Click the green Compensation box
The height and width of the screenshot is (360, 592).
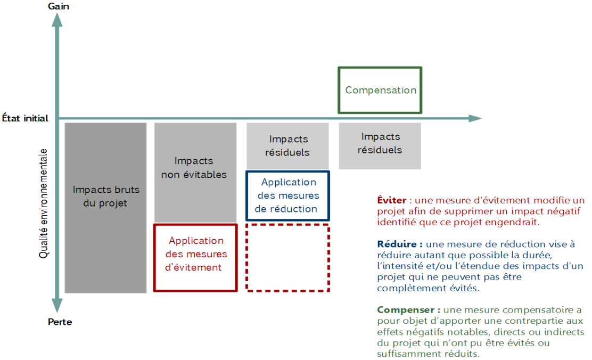(380, 90)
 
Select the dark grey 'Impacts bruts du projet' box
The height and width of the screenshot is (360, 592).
(105, 208)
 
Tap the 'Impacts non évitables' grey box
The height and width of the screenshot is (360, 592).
(195, 173)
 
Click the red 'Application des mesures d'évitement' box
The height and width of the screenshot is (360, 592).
(195, 258)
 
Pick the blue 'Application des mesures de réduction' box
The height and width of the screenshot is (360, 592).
(287, 195)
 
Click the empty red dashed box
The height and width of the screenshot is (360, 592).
(287, 258)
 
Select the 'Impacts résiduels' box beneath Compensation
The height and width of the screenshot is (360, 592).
(380, 145)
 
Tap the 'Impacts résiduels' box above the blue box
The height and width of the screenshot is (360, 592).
(287, 145)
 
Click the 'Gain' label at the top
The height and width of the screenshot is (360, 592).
(58, 6)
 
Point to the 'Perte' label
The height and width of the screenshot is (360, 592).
(60, 322)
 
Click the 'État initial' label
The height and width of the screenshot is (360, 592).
(25, 118)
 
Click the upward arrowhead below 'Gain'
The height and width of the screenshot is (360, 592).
(57, 20)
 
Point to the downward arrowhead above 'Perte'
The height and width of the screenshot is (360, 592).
(57, 307)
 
